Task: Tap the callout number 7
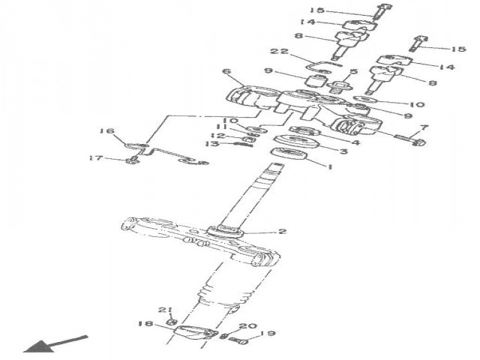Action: [x=424, y=127]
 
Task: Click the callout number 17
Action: [x=96, y=157]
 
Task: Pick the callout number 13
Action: [x=214, y=144]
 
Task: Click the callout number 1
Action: [x=327, y=167]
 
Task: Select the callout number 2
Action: [x=282, y=232]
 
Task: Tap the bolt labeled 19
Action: [x=241, y=343]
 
